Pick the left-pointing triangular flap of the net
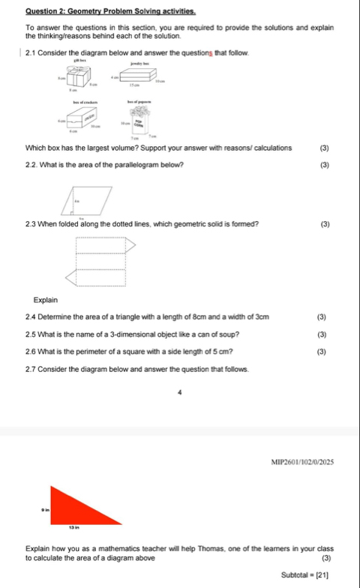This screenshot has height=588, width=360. [x=72, y=278]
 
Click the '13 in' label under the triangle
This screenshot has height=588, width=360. [x=75, y=529]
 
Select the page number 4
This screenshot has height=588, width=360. [x=180, y=390]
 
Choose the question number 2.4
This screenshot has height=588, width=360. [x=31, y=318]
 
